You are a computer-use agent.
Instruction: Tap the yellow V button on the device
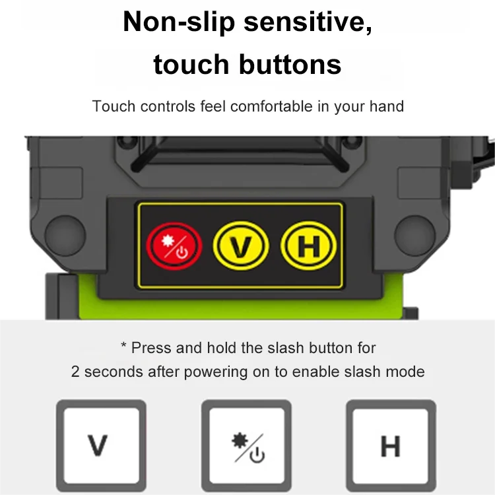[242, 246]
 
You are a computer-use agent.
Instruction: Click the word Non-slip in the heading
[179, 22]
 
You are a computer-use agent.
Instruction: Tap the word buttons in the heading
[290, 65]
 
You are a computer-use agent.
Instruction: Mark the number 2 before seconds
[75, 372]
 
